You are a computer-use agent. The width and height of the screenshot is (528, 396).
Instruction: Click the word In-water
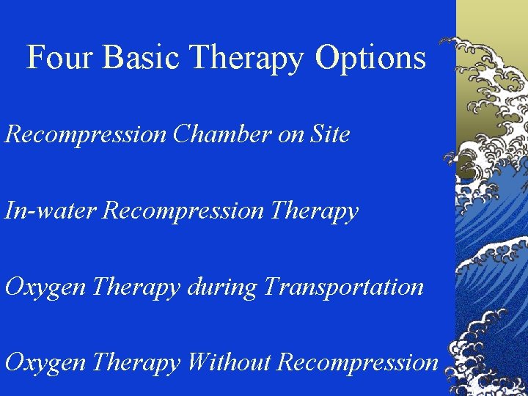coord(51,211)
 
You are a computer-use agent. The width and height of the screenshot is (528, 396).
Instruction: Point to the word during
coord(221,287)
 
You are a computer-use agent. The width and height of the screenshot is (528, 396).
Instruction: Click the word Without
coord(230,362)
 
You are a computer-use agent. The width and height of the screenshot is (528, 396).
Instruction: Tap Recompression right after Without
coord(359,362)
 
